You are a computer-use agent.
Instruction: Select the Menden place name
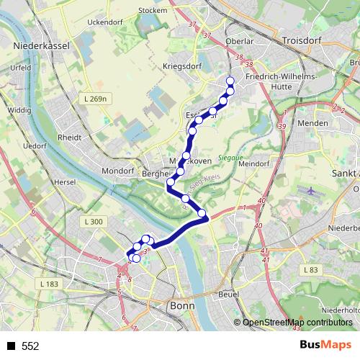click(312, 122)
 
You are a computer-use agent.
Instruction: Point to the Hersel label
click(64, 182)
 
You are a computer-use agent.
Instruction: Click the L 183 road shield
click(50, 284)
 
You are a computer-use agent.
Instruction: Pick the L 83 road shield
click(311, 269)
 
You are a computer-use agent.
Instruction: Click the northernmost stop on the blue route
click(230, 81)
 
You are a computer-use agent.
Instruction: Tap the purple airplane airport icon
click(310, 192)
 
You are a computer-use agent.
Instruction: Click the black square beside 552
click(11, 346)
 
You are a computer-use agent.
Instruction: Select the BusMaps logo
click(326, 346)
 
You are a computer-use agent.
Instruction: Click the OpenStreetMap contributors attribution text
click(297, 323)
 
